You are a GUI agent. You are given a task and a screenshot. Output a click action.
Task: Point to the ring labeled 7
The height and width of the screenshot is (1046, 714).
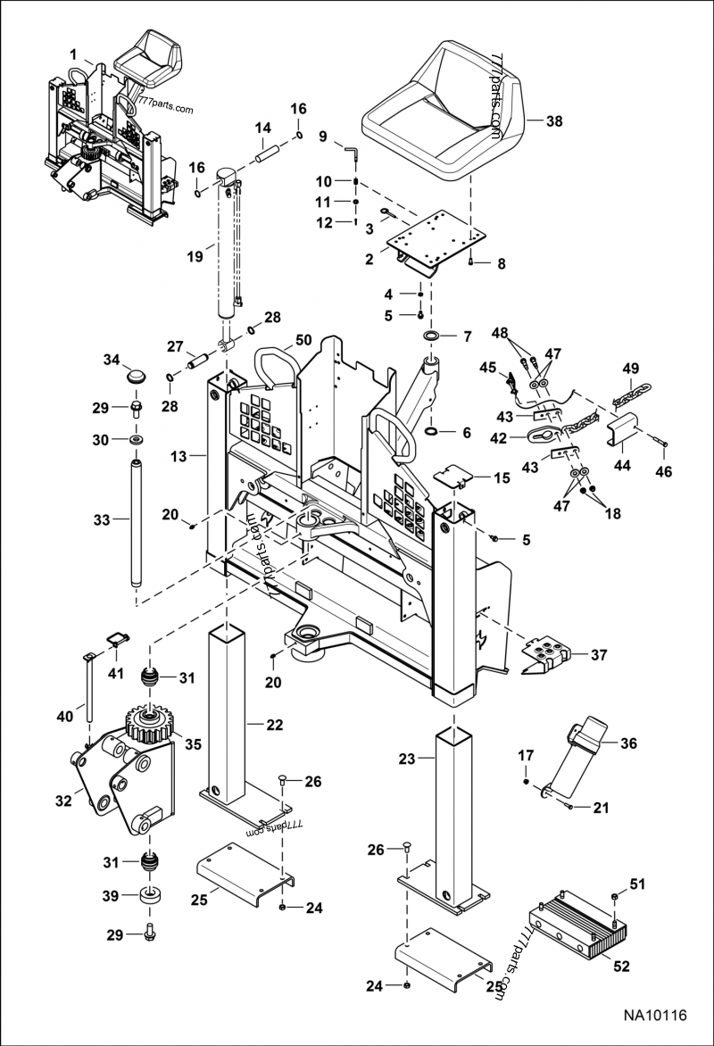pyautogui.click(x=432, y=336)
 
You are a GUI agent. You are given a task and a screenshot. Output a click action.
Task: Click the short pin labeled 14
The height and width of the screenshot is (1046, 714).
pyautogui.click(x=270, y=155)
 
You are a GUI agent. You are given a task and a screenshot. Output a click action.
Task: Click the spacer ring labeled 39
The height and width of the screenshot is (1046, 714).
pyautogui.click(x=149, y=895)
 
